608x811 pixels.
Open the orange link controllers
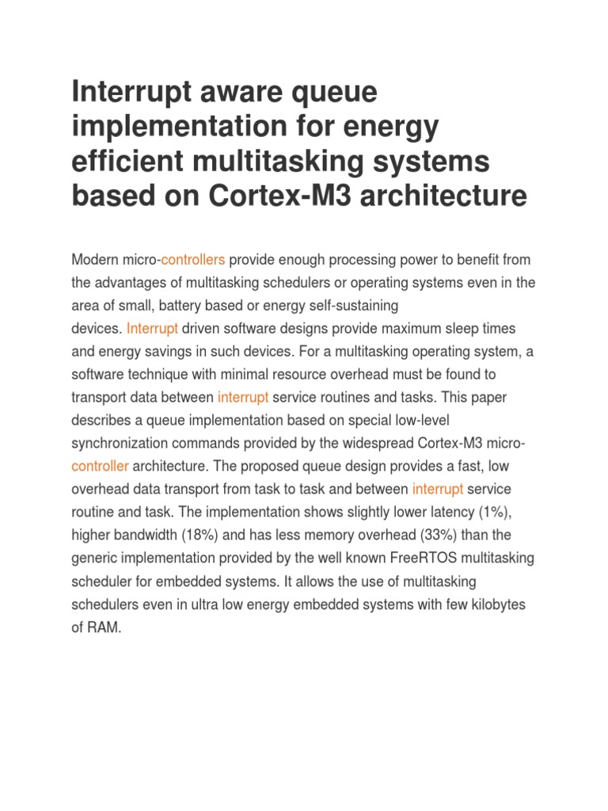[193, 260]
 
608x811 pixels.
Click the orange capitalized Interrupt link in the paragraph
[152, 328]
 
